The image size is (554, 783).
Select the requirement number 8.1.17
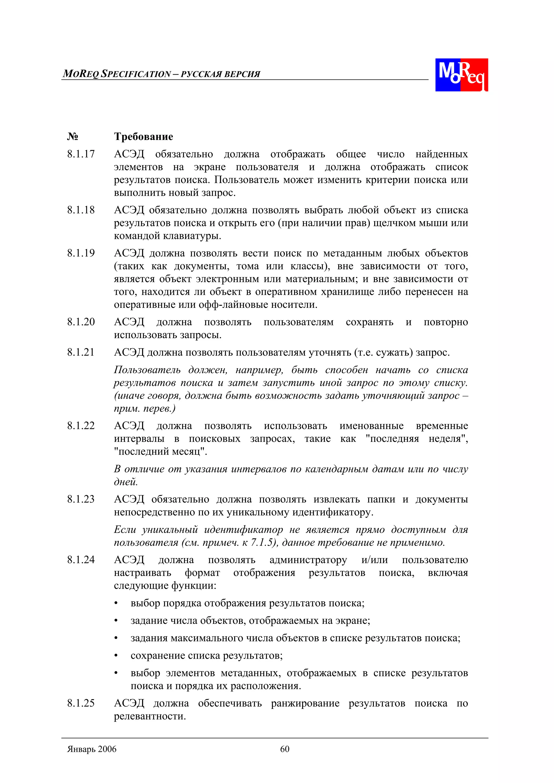81,154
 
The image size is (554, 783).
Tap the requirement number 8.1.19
81,253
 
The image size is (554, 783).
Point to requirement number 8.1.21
81,352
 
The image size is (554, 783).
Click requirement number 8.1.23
81,499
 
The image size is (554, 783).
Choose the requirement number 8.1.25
81,703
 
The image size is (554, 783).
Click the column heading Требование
143,137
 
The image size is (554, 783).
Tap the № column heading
72,137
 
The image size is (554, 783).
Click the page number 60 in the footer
285,749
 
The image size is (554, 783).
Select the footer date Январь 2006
92,749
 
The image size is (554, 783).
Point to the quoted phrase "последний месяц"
160,452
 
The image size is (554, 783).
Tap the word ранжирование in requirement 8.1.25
305,703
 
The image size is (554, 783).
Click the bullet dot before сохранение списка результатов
116,656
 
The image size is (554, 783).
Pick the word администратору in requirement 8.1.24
308,560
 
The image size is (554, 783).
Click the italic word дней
126,482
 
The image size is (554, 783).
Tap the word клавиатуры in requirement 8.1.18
192,236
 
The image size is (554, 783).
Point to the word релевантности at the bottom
150,716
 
